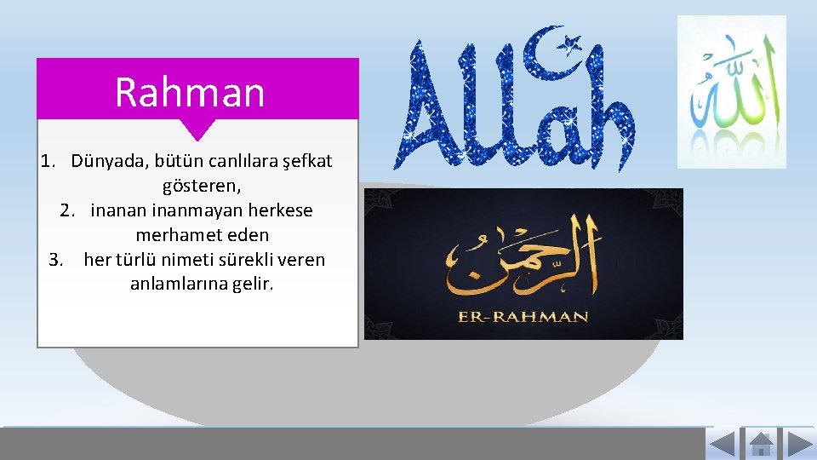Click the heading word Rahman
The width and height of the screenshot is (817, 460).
coord(190,92)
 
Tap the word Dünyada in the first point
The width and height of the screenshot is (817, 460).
coord(106,161)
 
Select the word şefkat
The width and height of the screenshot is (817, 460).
coord(306,161)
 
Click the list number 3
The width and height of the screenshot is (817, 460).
coord(56,259)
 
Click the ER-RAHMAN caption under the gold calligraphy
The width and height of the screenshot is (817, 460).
coord(523,316)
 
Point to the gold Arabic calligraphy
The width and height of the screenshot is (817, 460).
coord(522,253)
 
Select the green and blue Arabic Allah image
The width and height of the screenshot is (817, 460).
coord(732,92)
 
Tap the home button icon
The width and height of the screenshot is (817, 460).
coord(760,445)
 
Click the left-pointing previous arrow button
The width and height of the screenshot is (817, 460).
coord(722,445)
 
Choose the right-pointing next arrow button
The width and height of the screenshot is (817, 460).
coord(798,445)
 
